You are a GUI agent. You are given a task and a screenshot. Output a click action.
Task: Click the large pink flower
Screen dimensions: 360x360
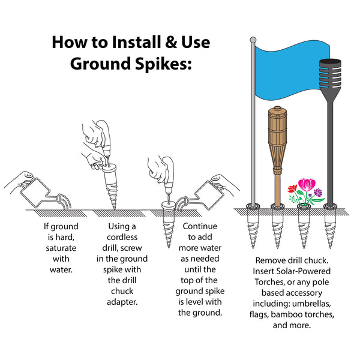click(307, 184)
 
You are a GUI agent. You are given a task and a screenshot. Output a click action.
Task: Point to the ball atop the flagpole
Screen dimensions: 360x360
click(253, 40)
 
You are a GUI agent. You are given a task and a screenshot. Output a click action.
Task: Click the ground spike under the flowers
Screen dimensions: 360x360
click(304, 227)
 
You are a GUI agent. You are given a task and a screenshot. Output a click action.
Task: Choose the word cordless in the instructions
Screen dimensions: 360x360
click(122, 237)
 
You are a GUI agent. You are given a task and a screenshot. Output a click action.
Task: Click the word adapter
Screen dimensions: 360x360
click(122, 302)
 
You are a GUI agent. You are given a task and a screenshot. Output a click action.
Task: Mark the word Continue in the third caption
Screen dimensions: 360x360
click(200, 226)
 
